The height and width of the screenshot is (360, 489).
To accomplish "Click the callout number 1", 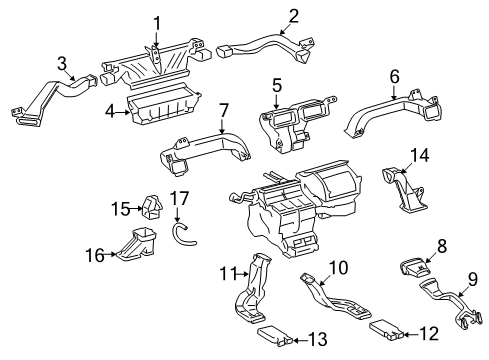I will [x=157, y=22].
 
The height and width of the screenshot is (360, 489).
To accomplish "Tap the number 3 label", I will [x=62, y=65].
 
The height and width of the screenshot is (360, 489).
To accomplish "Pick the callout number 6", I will [x=394, y=75].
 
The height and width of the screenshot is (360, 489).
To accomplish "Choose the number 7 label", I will [x=224, y=108].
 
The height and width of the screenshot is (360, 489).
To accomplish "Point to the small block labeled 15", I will [x=154, y=207].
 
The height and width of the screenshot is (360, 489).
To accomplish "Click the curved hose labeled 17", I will [x=180, y=236].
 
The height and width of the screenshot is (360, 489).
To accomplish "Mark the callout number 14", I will [x=421, y=155].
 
